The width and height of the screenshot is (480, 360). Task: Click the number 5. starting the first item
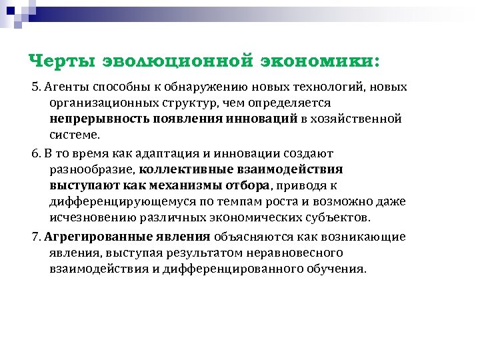click(37, 87)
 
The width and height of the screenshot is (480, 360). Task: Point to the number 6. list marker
click(37, 153)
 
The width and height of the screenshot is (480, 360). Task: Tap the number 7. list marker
click(37, 237)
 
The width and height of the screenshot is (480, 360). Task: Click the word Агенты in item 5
click(68, 87)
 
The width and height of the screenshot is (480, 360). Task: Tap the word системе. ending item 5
click(74, 135)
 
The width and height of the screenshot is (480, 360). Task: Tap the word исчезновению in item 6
click(89, 217)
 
